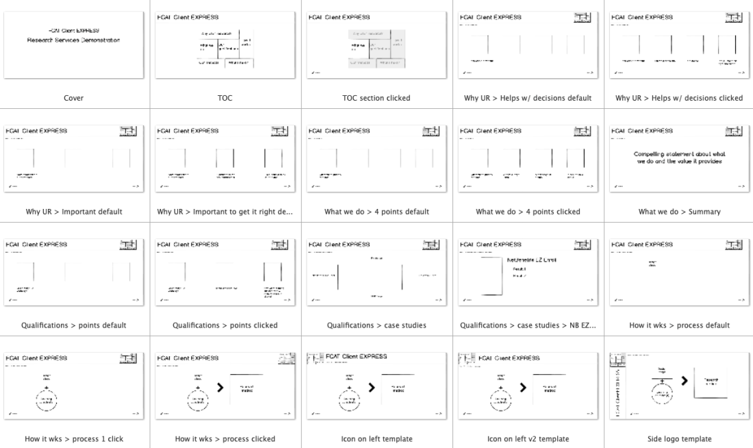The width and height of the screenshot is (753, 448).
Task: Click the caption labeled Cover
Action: pos(73,98)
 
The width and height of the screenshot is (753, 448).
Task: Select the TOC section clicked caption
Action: pos(374,98)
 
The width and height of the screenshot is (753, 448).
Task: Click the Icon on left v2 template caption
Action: pos(525,438)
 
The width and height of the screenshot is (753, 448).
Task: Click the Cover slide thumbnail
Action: pos(73,43)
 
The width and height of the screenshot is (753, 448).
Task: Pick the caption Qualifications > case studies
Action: pos(374,325)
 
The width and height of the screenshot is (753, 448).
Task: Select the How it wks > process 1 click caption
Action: pos(73,438)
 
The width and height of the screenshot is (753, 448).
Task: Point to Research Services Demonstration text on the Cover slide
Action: pos(74,40)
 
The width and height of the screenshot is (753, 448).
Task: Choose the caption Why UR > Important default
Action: pos(73,212)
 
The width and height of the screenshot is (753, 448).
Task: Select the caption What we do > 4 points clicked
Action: pos(525,212)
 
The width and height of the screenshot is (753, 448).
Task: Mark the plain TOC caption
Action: pos(224,98)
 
